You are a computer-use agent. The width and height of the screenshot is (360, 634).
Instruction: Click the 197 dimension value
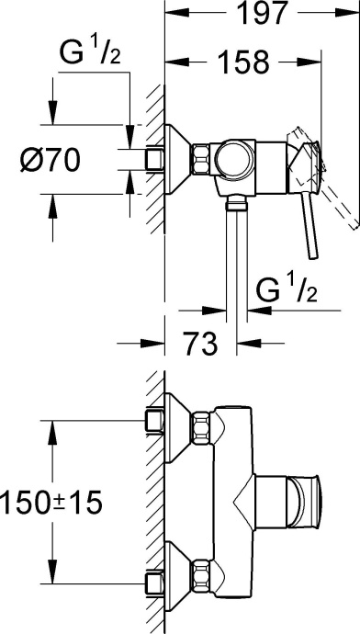(262, 13)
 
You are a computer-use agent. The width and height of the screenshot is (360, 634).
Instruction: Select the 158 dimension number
(243, 62)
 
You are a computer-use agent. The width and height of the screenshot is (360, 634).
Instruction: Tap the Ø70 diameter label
(51, 159)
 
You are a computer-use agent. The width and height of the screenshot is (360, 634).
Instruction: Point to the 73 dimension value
(201, 344)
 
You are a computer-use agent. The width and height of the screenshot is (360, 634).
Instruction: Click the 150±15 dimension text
(51, 503)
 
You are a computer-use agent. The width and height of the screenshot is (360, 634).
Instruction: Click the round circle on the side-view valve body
(235, 159)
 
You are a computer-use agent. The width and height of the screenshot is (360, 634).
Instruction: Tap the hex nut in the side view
(201, 159)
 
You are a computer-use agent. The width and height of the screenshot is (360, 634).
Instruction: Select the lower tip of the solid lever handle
(313, 256)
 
